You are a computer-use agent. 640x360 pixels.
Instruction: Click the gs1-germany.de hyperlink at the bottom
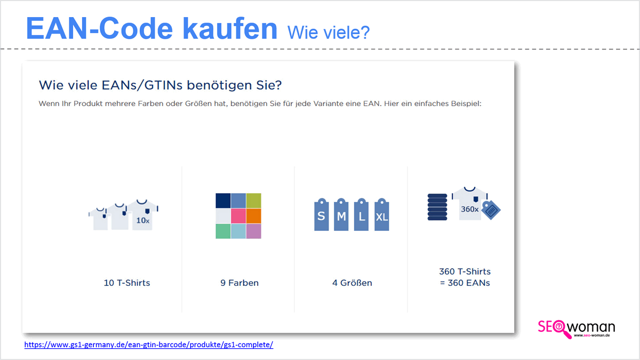pyautogui.click(x=149, y=345)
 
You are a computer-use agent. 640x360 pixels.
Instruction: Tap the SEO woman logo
pyautogui.click(x=577, y=329)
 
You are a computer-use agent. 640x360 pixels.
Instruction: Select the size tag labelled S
pyautogui.click(x=322, y=214)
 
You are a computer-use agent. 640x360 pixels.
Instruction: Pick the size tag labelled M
pyautogui.click(x=341, y=214)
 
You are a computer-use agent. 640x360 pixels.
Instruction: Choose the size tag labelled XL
pyautogui.click(x=382, y=214)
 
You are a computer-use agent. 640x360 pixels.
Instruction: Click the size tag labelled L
pyautogui.click(x=362, y=214)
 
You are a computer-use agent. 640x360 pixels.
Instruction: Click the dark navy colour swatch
pyautogui.click(x=223, y=201)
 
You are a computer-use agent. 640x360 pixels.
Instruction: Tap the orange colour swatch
pyautogui.click(x=254, y=216)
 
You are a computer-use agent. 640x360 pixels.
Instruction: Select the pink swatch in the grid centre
pyautogui.click(x=238, y=216)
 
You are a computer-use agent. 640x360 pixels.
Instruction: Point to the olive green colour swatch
pyautogui.click(x=254, y=201)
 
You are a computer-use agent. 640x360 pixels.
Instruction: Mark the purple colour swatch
pyautogui.click(x=254, y=231)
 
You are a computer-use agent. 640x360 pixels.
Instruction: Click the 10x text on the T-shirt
pyautogui.click(x=143, y=221)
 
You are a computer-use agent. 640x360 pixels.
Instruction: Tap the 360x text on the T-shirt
pyautogui.click(x=470, y=209)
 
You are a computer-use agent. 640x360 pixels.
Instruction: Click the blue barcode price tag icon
pyautogui.click(x=491, y=210)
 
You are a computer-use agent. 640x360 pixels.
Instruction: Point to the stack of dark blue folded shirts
pyautogui.click(x=437, y=207)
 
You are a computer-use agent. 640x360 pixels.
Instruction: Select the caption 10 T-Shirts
pyautogui.click(x=127, y=283)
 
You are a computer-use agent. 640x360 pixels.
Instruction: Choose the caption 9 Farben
pyautogui.click(x=239, y=283)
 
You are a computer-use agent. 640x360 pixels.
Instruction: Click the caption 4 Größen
pyautogui.click(x=353, y=283)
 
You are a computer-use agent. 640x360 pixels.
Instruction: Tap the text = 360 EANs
pyautogui.click(x=465, y=283)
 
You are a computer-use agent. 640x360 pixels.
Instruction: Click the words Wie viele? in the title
pyautogui.click(x=329, y=33)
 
